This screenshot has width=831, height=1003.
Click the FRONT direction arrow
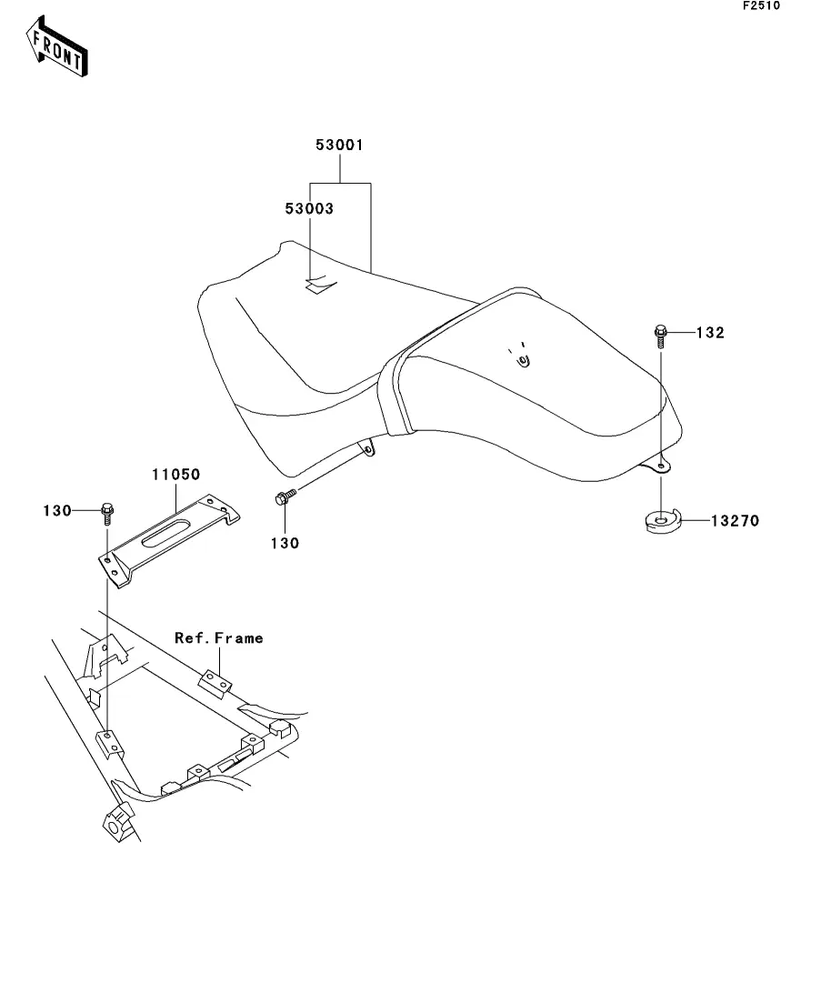tap(56, 47)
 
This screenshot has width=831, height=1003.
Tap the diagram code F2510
tap(761, 5)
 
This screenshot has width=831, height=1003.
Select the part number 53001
tap(340, 145)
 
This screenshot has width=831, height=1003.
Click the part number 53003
tap(309, 208)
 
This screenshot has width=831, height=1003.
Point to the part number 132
tap(710, 333)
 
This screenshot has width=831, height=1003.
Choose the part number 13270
tap(736, 521)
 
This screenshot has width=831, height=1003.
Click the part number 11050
tap(175, 475)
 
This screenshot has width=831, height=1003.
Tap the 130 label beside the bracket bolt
tap(57, 510)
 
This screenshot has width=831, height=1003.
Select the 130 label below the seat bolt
tap(285, 543)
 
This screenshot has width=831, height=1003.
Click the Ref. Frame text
tap(219, 637)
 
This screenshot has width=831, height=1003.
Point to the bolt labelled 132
tap(661, 336)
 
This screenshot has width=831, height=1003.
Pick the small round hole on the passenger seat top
tap(524, 362)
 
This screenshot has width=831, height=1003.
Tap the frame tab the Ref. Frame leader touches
tap(215, 682)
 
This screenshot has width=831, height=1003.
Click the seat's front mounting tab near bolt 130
tap(366, 447)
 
